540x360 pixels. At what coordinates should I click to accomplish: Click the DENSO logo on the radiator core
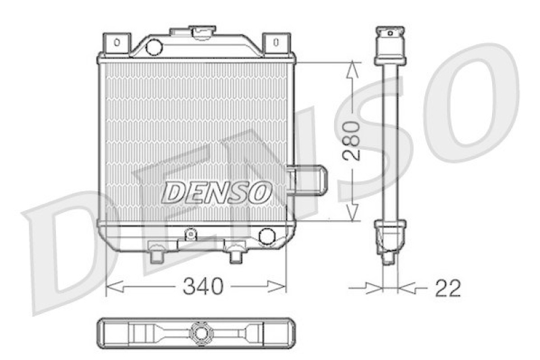click(216, 192)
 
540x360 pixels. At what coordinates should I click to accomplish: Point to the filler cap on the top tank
click(201, 31)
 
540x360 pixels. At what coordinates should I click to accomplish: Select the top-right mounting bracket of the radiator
click(275, 43)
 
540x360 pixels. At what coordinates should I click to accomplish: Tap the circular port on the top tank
click(154, 47)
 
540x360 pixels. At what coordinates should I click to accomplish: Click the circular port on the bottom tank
click(267, 236)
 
